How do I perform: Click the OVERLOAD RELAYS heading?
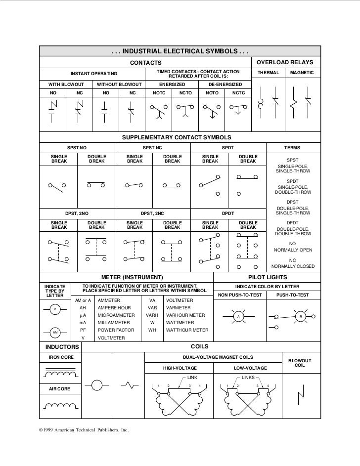coord(287,63)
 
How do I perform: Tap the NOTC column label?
coord(159,92)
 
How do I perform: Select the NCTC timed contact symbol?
coord(238,110)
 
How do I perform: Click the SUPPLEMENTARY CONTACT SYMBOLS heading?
coord(177,137)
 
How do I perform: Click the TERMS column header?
coord(292,148)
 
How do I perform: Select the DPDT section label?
coord(228,213)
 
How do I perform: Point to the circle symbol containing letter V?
coord(55,310)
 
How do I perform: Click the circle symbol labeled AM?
coord(55,332)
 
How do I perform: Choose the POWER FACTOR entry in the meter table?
coord(116,330)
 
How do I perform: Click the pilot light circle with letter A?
coord(238,316)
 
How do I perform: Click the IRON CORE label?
coord(60,356)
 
